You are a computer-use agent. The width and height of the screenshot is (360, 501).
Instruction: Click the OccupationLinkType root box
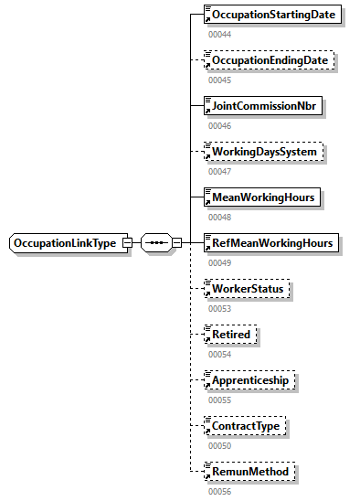point(69,243)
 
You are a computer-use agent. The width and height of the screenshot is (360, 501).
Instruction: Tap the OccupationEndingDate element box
point(270,60)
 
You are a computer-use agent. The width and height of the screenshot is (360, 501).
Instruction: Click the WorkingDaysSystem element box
point(261,152)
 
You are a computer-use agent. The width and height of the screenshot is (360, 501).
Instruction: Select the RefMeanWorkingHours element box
point(271,243)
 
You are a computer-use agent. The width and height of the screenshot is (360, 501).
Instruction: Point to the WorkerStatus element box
point(248,289)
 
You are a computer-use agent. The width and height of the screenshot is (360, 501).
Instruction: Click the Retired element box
point(231,335)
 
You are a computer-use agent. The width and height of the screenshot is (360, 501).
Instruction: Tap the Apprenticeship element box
point(250,380)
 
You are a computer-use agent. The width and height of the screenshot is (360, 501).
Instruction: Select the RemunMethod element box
point(249,472)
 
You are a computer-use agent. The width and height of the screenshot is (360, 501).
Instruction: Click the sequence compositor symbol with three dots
point(156,243)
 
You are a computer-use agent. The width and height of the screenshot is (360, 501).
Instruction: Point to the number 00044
point(219,34)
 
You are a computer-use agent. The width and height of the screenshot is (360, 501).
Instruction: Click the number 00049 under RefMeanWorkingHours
point(219,262)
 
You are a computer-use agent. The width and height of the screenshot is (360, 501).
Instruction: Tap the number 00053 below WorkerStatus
point(219,308)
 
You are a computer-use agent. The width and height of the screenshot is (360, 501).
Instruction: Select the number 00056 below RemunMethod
point(219,491)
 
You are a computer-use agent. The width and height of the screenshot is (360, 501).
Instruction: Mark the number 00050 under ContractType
point(219,445)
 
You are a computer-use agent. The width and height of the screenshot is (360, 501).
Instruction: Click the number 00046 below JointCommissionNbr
point(219,125)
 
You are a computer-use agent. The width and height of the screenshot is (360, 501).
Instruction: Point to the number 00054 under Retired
point(219,354)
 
